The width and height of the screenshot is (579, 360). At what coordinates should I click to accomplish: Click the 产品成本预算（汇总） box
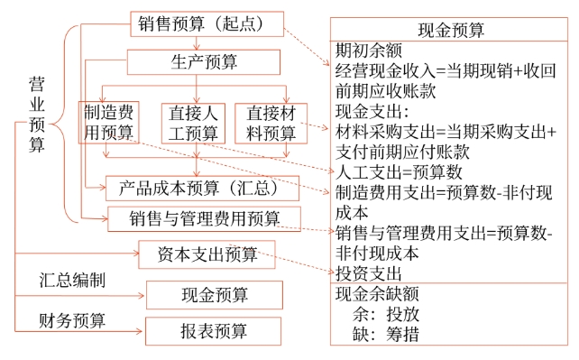[x=201, y=188]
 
